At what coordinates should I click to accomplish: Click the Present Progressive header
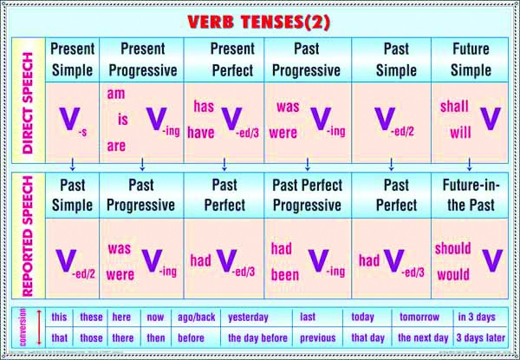click(143, 59)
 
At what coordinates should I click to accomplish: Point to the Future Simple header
click(471, 59)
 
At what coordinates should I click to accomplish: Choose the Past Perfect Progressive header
click(308, 195)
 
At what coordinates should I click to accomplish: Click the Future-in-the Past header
click(471, 195)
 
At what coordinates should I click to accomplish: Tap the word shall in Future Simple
click(454, 107)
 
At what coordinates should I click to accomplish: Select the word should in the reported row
click(453, 249)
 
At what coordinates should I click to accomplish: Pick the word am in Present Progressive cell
click(117, 92)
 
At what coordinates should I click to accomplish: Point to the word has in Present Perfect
click(204, 107)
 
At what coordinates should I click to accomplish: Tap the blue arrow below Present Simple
click(73, 163)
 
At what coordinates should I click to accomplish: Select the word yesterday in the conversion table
click(248, 317)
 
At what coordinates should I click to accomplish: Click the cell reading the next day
click(423, 338)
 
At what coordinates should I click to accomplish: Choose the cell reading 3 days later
click(480, 338)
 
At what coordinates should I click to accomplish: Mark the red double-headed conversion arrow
click(39, 327)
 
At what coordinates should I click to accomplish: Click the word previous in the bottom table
click(317, 338)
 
